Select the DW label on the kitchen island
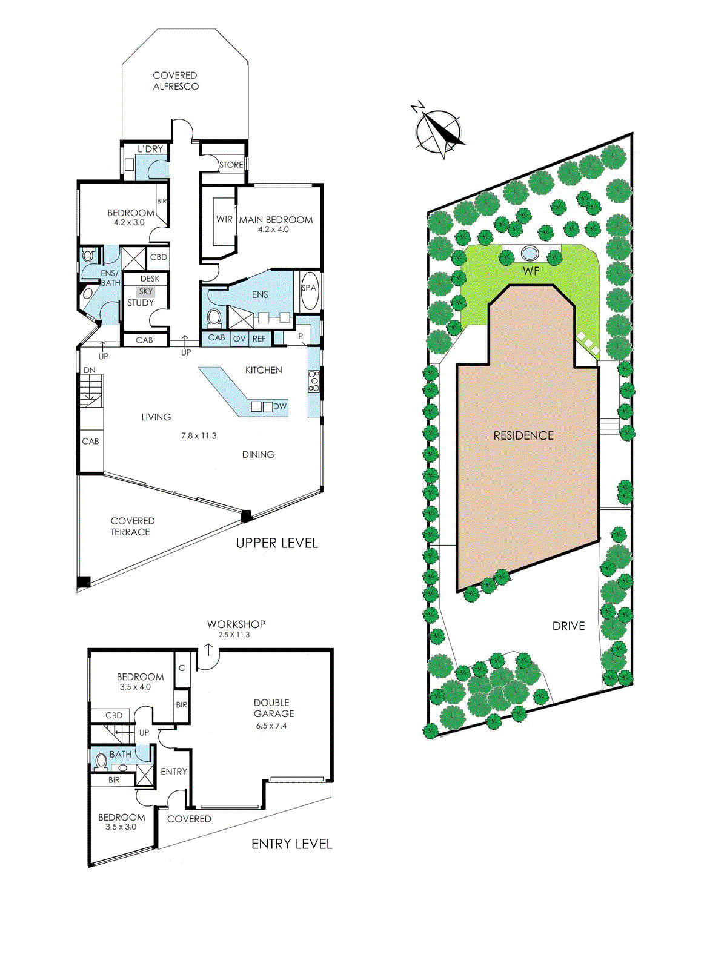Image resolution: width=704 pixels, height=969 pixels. tap(280, 406)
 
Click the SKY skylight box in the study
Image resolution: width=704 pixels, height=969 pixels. tap(146, 291)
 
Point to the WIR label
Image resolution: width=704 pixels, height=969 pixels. tap(224, 219)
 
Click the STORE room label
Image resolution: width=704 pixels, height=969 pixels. tap(231, 165)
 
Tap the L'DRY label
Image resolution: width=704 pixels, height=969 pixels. tap(150, 149)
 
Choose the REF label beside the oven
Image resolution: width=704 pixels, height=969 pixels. tap(259, 339)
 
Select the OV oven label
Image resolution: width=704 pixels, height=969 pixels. tap(239, 339)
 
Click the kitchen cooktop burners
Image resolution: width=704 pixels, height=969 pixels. tap(314, 382)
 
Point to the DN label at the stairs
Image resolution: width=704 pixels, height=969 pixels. tap(90, 370)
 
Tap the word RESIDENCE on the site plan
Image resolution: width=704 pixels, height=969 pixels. tap(523, 435)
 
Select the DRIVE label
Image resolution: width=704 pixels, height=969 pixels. tap(568, 626)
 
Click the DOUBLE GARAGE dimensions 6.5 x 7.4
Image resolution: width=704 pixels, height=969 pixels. tap(271, 726)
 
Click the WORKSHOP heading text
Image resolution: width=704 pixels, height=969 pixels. tap(236, 624)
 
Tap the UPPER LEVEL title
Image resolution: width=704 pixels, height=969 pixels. tap(277, 543)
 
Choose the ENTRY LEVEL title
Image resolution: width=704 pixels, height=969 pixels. tap(291, 844)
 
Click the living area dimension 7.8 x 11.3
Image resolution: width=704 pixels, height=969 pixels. tap(199, 435)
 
